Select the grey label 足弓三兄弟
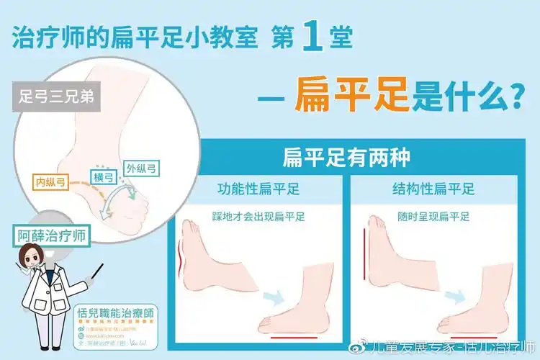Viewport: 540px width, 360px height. (55, 97)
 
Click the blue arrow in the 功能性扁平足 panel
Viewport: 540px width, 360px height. (271, 297)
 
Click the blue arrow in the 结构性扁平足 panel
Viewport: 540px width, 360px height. (453, 297)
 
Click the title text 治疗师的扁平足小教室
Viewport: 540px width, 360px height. (135, 38)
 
